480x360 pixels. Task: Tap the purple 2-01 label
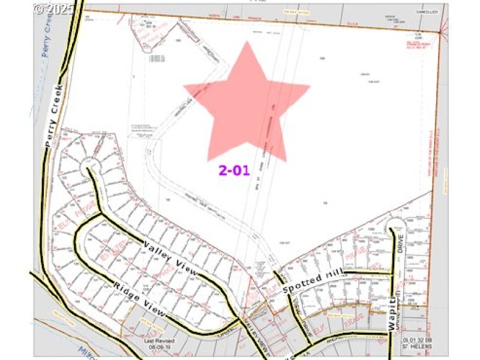(233, 170)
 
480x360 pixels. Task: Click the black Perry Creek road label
(54, 114)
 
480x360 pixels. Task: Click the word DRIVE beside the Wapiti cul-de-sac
(400, 245)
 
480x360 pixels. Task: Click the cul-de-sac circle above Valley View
(89, 163)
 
